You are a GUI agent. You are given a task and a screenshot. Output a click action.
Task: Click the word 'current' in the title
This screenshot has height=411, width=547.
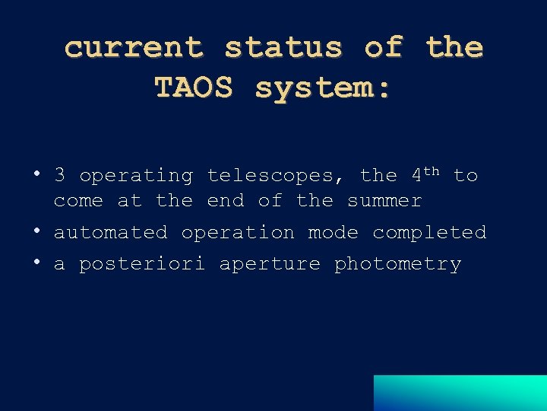pos(134,48)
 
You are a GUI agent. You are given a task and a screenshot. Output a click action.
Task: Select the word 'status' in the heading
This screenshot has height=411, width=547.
pos(283,48)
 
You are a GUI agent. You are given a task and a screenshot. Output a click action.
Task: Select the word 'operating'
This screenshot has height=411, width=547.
pos(136,176)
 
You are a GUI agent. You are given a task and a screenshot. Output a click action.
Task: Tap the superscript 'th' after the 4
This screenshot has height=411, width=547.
pos(431,170)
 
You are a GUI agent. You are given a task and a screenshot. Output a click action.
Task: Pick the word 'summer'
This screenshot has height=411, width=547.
pos(384,201)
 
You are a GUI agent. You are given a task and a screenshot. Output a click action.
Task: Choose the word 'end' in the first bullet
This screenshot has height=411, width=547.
pos(226,201)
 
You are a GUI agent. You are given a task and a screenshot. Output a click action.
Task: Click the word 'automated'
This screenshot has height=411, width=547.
pos(110,232)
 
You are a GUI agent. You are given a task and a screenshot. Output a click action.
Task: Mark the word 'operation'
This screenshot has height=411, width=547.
pos(238,232)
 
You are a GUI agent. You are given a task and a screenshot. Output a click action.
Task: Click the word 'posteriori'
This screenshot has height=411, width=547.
pos(142,264)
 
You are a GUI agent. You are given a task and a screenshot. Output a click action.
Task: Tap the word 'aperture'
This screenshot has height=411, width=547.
pos(270,264)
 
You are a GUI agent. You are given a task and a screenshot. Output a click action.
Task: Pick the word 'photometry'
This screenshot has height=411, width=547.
pos(397,264)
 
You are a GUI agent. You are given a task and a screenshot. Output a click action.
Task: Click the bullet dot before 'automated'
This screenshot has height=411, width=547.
pos(36,230)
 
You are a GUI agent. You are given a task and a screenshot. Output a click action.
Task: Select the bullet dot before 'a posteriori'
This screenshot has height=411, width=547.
pos(36,262)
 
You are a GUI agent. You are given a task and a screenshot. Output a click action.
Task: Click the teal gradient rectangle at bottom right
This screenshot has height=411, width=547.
pos(460,393)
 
